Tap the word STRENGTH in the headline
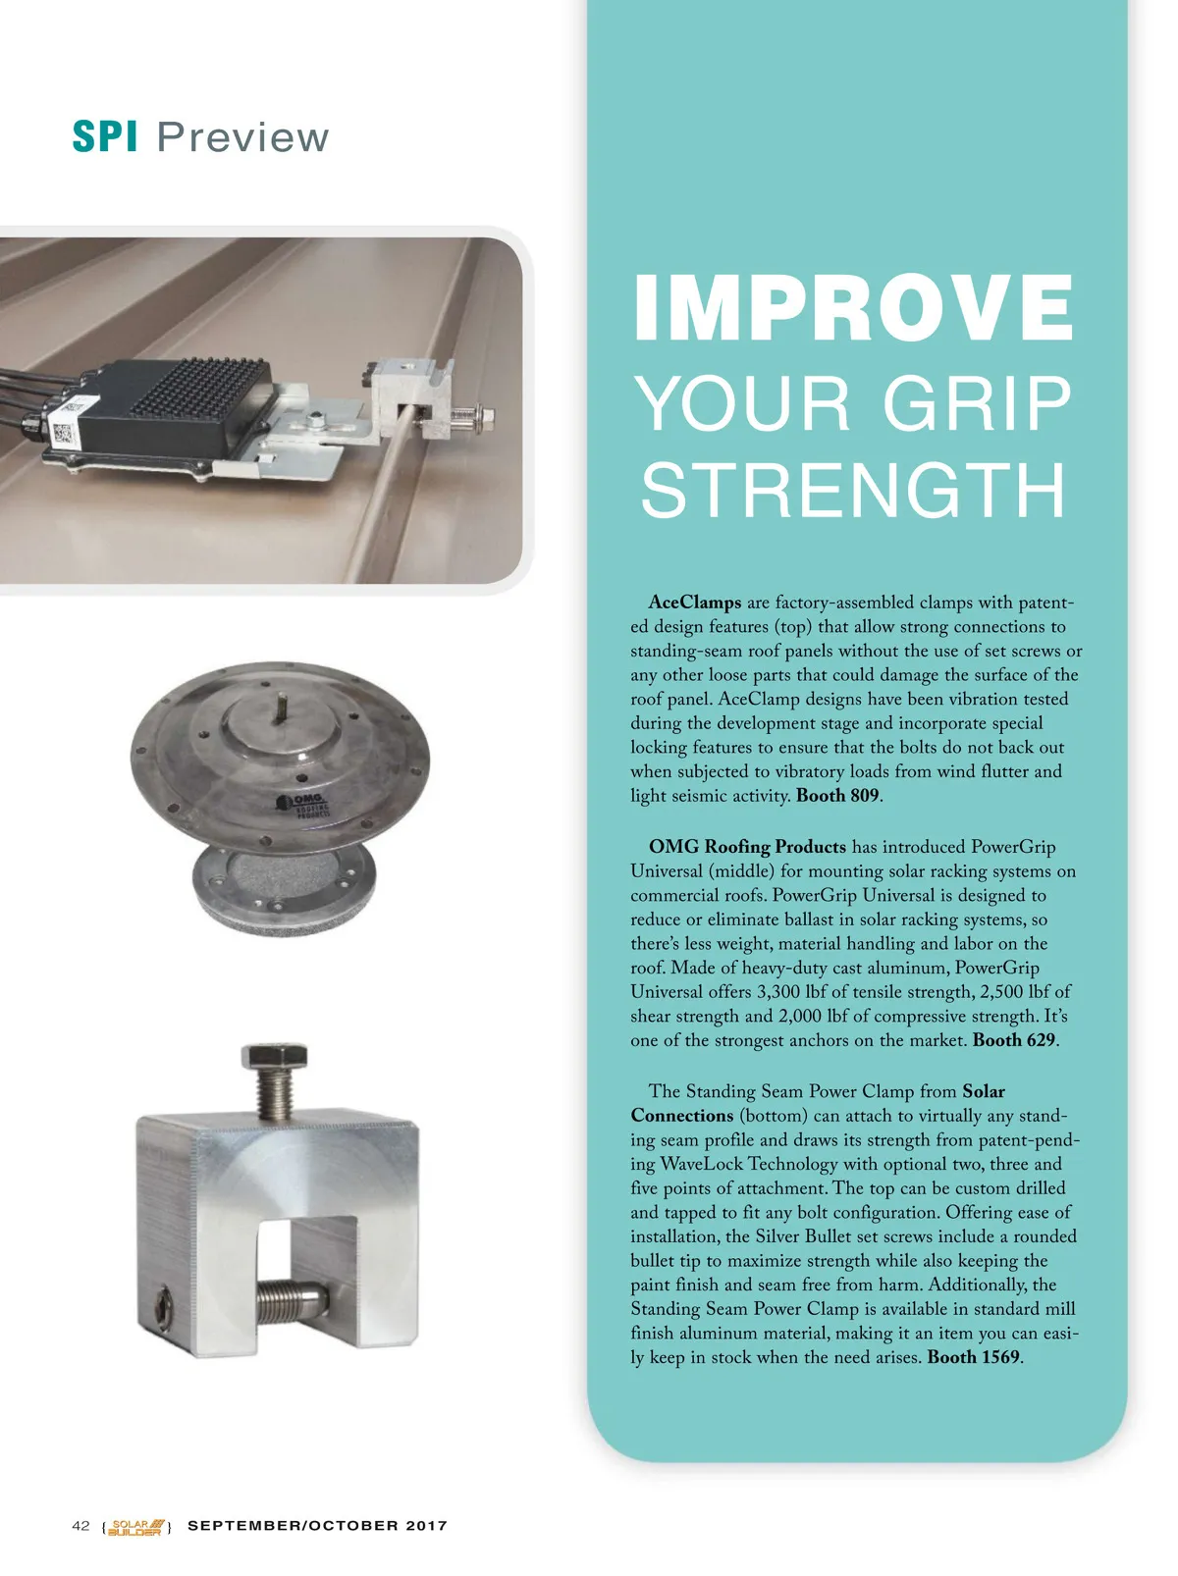(x=852, y=490)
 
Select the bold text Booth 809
(x=837, y=796)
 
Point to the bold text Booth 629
(x=1013, y=1039)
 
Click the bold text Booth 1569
(x=973, y=1357)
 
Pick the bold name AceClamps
(x=695, y=602)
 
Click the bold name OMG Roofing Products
(x=747, y=847)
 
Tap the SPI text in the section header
(x=105, y=136)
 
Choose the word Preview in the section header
(x=242, y=136)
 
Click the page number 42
(x=80, y=1525)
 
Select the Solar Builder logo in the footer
(x=136, y=1527)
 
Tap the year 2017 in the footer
(x=427, y=1525)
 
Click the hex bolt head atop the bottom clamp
(x=274, y=1057)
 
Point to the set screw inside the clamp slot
(x=292, y=1302)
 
